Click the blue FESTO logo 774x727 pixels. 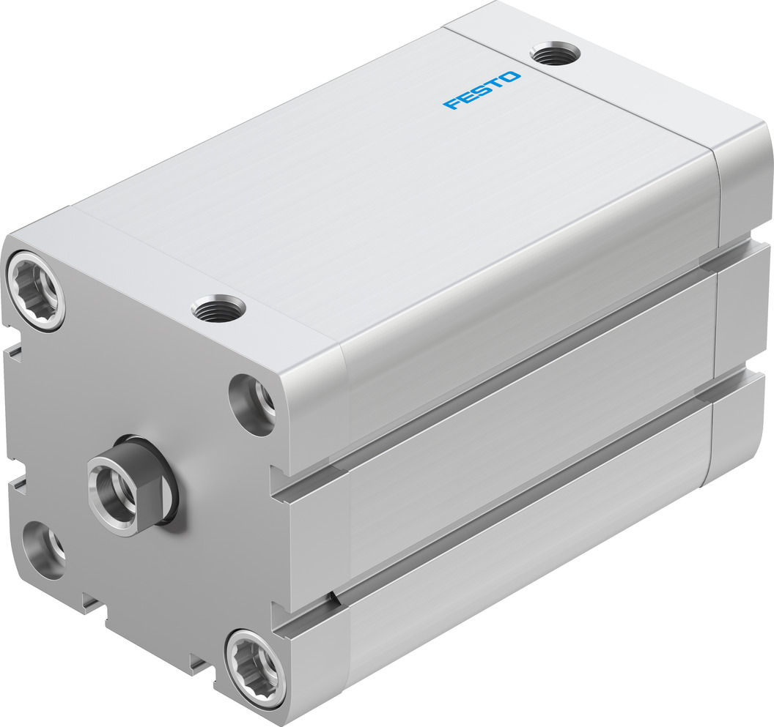482,90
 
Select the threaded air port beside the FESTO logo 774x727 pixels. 555,53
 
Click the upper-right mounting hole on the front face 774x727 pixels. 254,404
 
